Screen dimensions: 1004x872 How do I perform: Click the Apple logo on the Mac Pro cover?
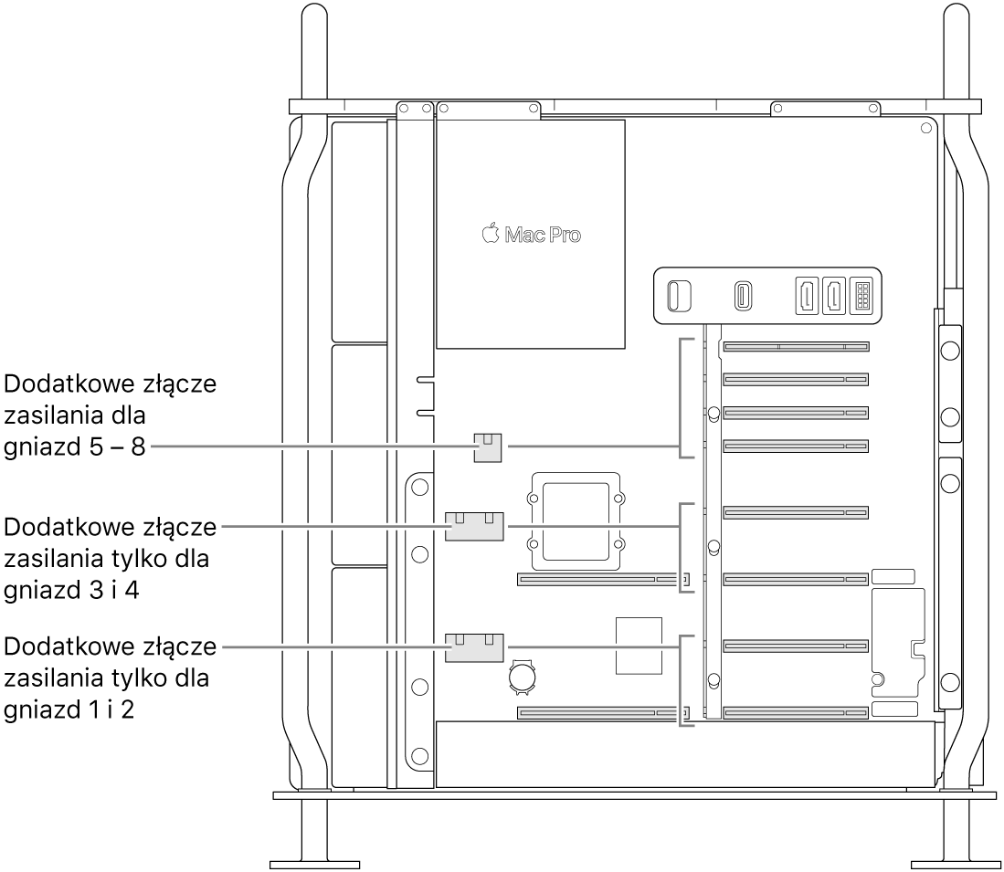[x=490, y=233]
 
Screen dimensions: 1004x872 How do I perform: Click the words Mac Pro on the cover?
[x=543, y=235]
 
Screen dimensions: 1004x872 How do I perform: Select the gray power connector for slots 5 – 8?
[x=487, y=447]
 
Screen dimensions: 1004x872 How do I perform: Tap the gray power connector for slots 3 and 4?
[x=474, y=526]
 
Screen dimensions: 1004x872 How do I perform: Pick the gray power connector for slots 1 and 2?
[x=474, y=647]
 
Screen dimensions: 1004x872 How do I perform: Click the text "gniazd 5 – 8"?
[x=75, y=447]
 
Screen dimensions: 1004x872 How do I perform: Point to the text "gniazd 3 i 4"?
[x=71, y=590]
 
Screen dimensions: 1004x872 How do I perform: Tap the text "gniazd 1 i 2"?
[x=69, y=709]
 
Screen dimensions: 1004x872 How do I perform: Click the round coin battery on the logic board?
[x=522, y=678]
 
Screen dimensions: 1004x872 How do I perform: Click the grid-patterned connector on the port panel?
[x=861, y=297]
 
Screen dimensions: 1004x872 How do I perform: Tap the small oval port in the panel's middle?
[x=743, y=297]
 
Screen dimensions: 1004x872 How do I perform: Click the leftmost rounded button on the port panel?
[x=680, y=296]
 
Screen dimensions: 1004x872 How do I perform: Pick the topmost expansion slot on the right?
[x=796, y=347]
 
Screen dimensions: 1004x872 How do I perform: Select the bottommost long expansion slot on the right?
[x=796, y=713]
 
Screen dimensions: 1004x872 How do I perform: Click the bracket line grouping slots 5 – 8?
[x=681, y=398]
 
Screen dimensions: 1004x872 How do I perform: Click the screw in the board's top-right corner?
[x=925, y=129]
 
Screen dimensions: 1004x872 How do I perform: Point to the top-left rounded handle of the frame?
[x=314, y=51]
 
